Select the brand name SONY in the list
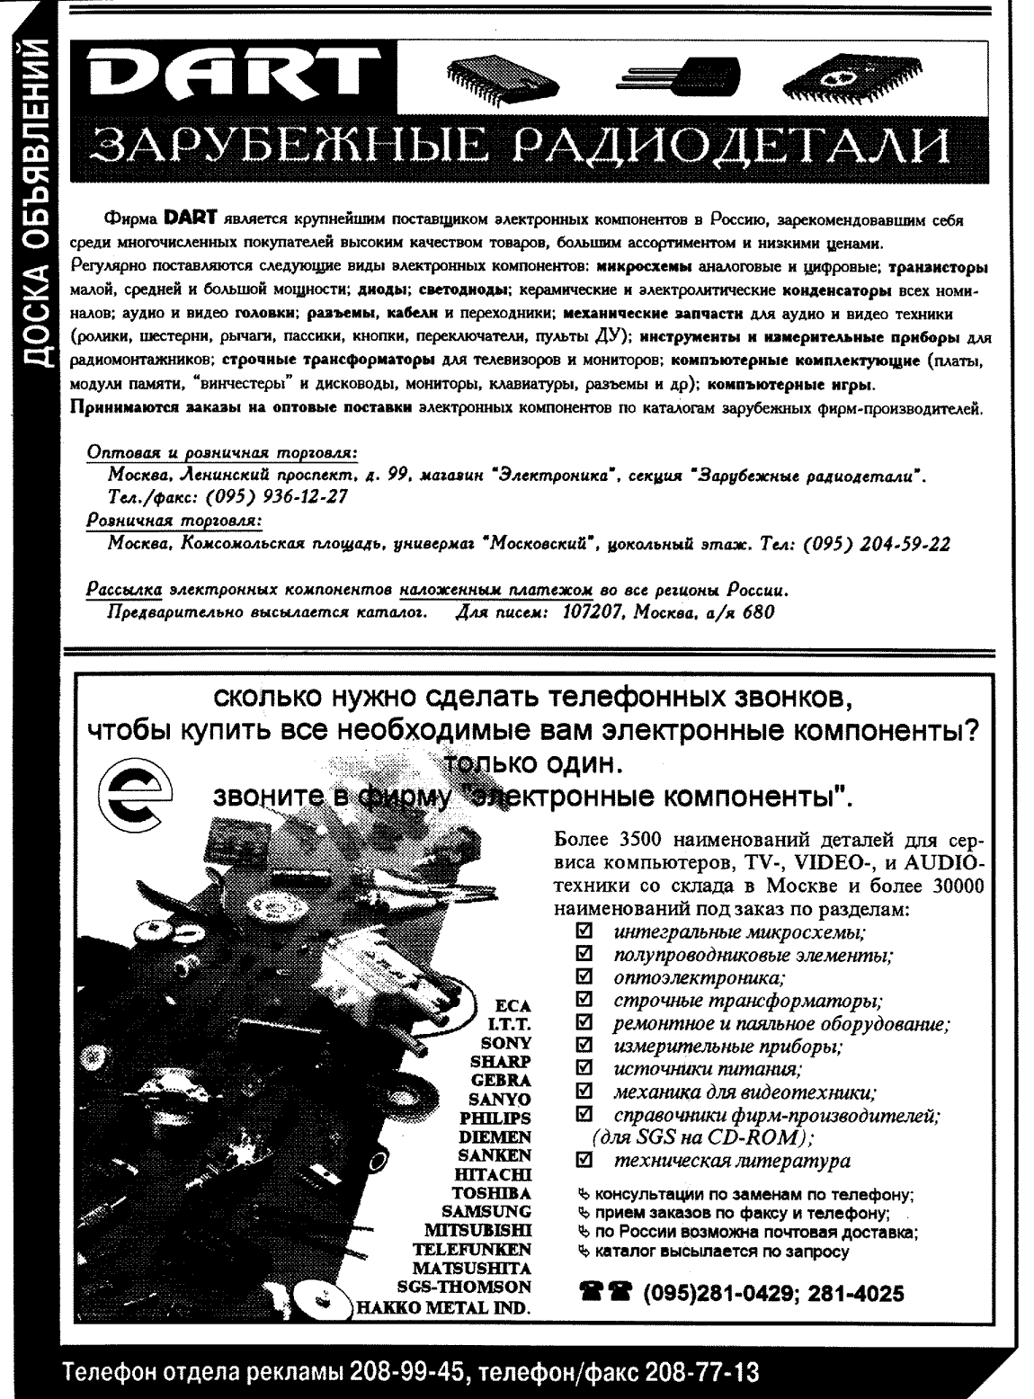click(x=506, y=1044)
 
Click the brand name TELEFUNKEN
click(x=471, y=1249)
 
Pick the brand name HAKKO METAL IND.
click(x=440, y=1306)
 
